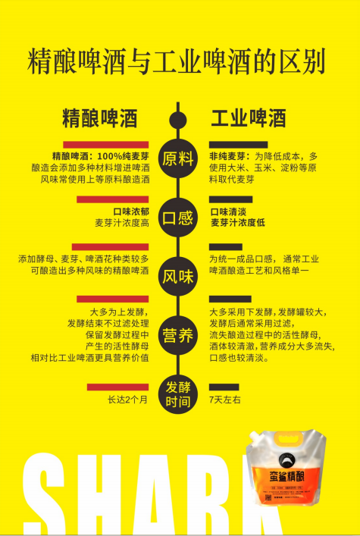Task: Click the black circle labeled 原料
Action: click(178, 159)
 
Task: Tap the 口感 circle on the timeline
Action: click(178, 218)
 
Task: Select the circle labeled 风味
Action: click(178, 276)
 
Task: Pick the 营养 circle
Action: click(178, 335)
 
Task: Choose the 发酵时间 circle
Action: click(178, 394)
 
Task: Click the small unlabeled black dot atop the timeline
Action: click(178, 120)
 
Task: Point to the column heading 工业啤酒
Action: click(248, 119)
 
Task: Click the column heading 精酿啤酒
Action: click(100, 119)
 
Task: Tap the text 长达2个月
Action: click(127, 400)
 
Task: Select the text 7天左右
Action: click(225, 400)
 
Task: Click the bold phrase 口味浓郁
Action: click(131, 212)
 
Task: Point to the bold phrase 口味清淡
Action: click(228, 212)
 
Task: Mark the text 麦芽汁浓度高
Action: click(122, 223)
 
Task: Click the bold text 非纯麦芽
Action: click(227, 157)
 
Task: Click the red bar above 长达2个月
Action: click(117, 387)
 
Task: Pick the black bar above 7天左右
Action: click(224, 387)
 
